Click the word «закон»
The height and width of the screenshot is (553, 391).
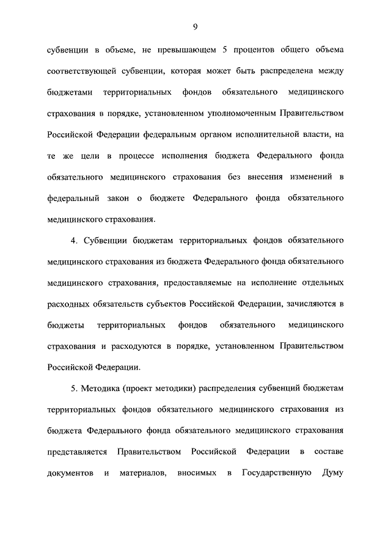click(x=112, y=198)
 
